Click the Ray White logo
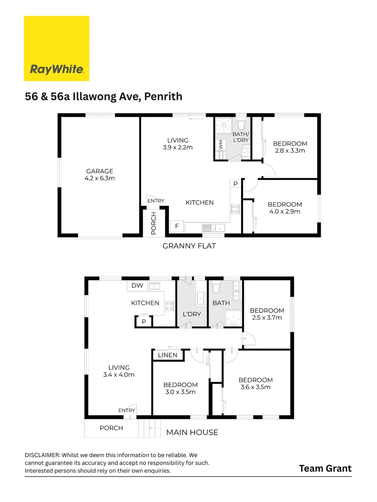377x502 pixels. coord(56,49)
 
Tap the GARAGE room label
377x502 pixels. coord(100,171)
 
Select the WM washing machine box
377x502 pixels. coord(221,145)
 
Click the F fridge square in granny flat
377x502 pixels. coord(177,226)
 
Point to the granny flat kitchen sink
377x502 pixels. coord(213,228)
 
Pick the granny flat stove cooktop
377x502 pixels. coord(236,209)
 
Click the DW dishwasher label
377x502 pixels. coord(137,286)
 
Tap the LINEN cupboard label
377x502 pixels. coord(168,355)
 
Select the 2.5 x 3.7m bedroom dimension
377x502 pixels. coord(267,318)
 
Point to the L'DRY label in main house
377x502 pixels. coord(192,314)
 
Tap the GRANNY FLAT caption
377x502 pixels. coord(189,246)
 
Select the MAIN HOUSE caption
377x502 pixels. coord(192,432)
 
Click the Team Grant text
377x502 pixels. coord(325,468)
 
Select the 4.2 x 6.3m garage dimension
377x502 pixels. coord(100,178)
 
